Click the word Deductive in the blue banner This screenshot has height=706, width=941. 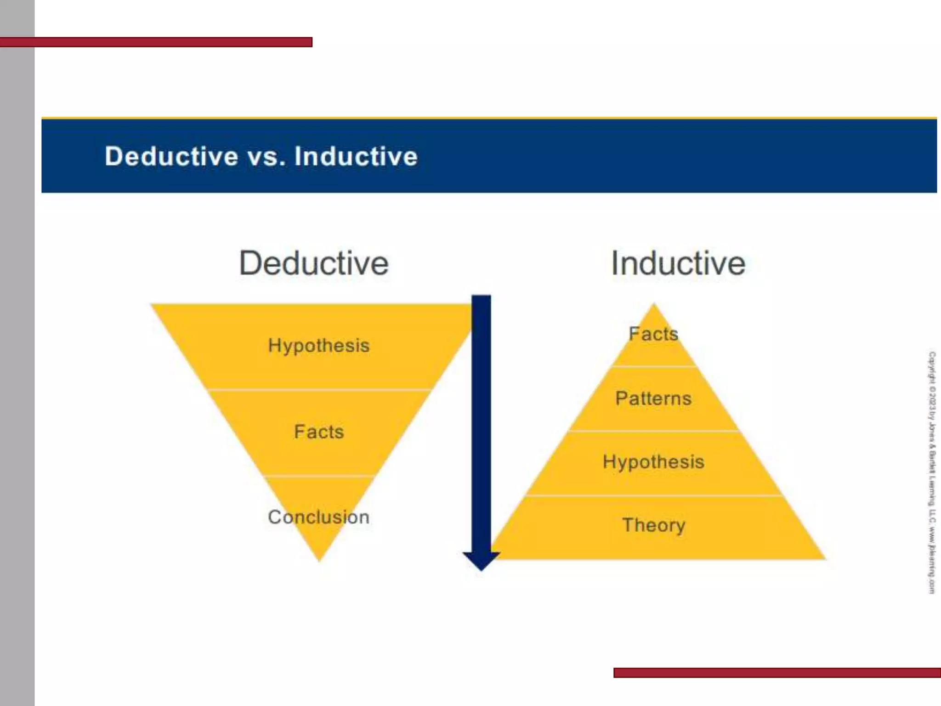tap(171, 156)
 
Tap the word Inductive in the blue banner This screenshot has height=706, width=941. tap(356, 156)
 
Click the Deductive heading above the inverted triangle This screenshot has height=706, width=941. tap(314, 263)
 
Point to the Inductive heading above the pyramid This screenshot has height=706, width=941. tap(678, 263)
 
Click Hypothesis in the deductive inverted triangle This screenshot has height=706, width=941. tap(319, 346)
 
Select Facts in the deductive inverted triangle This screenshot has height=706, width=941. tap(319, 432)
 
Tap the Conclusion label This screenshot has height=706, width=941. tap(319, 517)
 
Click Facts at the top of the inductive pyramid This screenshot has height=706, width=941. tap(653, 334)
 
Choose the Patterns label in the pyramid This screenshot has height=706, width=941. tap(653, 399)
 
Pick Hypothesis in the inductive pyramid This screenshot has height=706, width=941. tap(653, 462)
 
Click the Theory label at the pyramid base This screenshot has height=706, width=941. tap(653, 525)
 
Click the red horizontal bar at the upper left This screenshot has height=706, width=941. tap(156, 42)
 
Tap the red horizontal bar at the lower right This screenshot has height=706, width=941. tap(777, 673)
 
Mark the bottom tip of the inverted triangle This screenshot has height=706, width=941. tap(320, 558)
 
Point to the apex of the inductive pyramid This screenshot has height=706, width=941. tap(654, 306)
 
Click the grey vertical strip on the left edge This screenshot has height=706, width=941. tap(17, 368)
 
